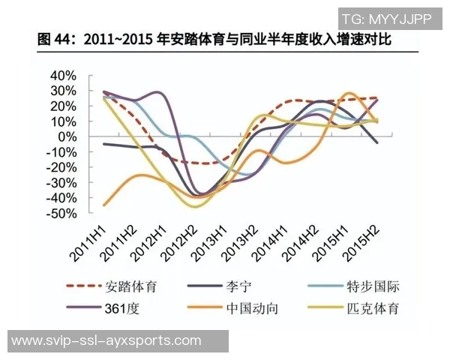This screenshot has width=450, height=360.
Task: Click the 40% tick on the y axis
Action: point(63,76)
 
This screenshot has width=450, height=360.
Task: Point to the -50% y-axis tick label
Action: point(61,214)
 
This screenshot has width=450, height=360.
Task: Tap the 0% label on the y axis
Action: point(67,136)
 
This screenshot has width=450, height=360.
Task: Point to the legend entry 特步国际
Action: point(352,286)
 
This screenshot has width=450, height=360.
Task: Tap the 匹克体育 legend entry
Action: point(352,307)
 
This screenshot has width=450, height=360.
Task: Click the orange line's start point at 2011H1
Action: point(103,204)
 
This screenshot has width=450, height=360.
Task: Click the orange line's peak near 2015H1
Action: point(349,93)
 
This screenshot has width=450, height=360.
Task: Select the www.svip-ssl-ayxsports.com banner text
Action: point(106,340)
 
